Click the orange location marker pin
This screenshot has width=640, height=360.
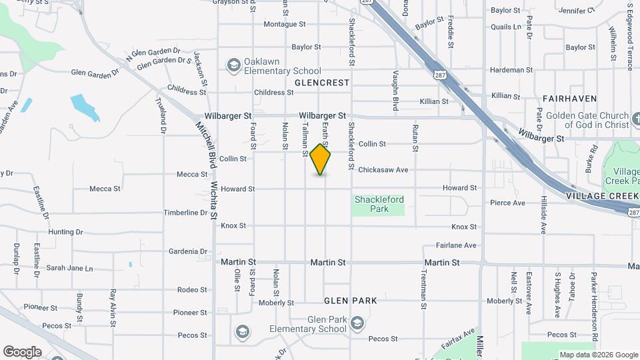click(x=321, y=159)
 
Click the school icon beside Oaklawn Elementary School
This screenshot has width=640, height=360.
click(x=233, y=65)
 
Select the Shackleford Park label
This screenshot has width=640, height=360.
click(x=379, y=204)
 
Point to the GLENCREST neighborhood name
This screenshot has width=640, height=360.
click(x=322, y=83)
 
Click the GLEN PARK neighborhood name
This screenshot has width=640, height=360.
click(x=350, y=301)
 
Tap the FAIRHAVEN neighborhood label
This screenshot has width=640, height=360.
click(x=569, y=99)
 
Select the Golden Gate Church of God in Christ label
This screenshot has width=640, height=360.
click(x=587, y=120)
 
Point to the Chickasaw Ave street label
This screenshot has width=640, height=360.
click(x=383, y=170)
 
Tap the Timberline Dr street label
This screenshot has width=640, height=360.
click(x=185, y=213)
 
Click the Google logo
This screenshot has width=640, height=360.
click(x=22, y=352)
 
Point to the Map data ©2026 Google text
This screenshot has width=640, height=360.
click(x=598, y=355)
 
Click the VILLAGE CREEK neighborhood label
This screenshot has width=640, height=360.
click(x=598, y=196)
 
